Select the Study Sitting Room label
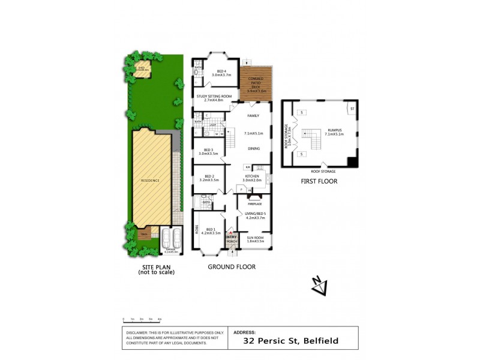[214, 98]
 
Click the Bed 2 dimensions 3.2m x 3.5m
[208, 180]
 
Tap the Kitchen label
[251, 176]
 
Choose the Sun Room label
[254, 240]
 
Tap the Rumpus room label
[334, 131]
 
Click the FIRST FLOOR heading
[319, 181]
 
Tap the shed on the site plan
[142, 67]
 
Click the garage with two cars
[170, 237]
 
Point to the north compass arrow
[319, 287]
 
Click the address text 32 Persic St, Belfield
[290, 341]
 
